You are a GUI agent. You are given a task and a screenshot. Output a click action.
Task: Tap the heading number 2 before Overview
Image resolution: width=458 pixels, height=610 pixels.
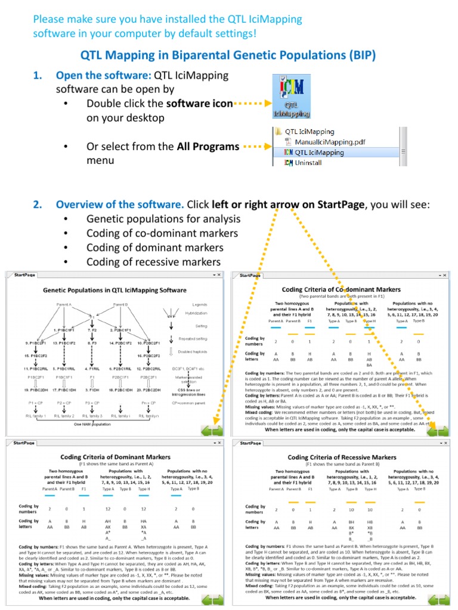pyautogui.click(x=37, y=205)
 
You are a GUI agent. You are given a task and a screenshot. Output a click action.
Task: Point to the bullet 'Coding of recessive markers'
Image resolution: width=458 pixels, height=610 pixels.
pyautogui.click(x=153, y=262)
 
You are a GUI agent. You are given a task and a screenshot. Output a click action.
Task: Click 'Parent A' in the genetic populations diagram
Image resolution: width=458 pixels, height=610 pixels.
pyautogui.click(x=64, y=304)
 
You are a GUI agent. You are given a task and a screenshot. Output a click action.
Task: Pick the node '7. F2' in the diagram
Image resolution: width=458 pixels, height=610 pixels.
pyautogui.click(x=92, y=329)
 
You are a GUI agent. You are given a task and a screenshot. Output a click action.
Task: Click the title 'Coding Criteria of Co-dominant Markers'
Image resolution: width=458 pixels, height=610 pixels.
pyautogui.click(x=341, y=289)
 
